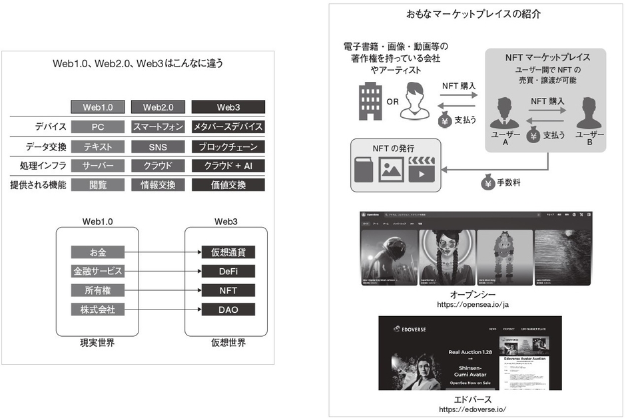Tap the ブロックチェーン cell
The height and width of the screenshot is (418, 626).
(228, 146)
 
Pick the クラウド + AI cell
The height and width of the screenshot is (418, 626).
(228, 166)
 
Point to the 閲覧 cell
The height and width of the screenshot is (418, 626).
(98, 185)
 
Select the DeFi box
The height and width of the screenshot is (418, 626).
(228, 272)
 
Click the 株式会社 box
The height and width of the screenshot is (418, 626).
(98, 310)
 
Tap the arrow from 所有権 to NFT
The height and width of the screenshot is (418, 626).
(162, 291)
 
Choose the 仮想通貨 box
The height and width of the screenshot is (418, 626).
(228, 252)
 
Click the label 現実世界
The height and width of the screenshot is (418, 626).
(98, 343)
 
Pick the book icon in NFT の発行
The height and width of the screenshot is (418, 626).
(365, 169)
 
